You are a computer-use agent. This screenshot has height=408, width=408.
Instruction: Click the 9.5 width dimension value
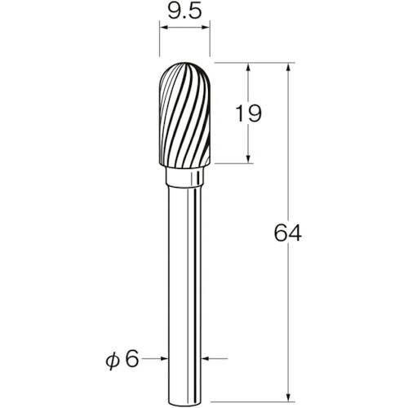tap(184, 12)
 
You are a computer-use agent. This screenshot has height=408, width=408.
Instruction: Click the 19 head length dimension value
tap(248, 113)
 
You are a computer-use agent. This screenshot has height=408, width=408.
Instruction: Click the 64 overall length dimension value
tap(287, 233)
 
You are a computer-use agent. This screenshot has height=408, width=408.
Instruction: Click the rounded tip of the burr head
tap(184, 63)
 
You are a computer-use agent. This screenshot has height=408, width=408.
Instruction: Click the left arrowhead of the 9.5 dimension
tap(164, 27)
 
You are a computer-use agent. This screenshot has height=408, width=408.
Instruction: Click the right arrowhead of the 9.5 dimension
tap(206, 27)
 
